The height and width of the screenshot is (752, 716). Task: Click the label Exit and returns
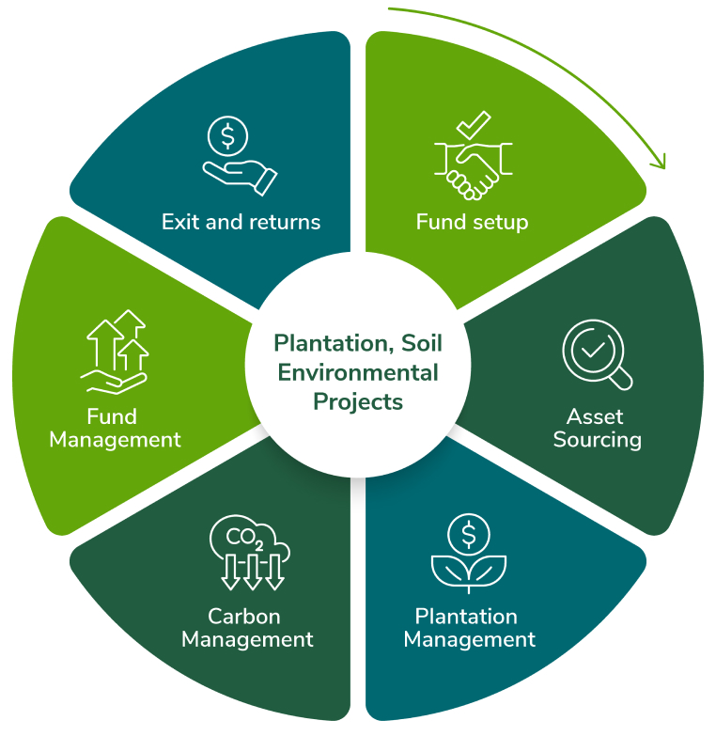pos(241,223)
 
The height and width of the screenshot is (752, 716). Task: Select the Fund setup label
pos(472,223)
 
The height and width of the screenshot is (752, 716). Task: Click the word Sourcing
pos(597,440)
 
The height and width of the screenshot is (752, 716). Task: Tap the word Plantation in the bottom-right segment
pos(466,617)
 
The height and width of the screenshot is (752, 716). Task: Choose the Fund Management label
pos(115,428)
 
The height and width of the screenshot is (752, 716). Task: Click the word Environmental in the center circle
pos(358,372)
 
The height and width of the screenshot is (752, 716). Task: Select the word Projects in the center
pos(358,401)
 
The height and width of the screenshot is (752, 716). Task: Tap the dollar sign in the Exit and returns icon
pos(227,136)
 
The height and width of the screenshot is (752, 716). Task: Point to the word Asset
pos(595,416)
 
